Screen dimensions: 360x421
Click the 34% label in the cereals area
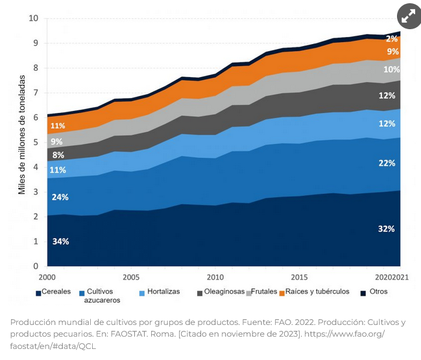pyautogui.click(x=60, y=241)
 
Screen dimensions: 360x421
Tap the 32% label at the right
pyautogui.click(x=387, y=229)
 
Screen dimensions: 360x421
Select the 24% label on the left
pyautogui.click(x=60, y=197)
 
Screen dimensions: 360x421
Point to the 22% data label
pyautogui.click(x=387, y=163)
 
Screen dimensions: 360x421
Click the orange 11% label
pyautogui.click(x=57, y=126)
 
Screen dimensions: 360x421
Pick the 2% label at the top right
pyautogui.click(x=392, y=39)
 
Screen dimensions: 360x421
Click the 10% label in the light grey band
pyautogui.click(x=391, y=69)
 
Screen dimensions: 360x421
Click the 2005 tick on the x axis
pyautogui.click(x=131, y=276)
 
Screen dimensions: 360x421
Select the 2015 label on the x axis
pyautogui.click(x=299, y=276)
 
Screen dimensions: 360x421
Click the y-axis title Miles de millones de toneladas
pyautogui.click(x=21, y=135)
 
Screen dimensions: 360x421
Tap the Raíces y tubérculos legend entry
pyautogui.click(x=313, y=292)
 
